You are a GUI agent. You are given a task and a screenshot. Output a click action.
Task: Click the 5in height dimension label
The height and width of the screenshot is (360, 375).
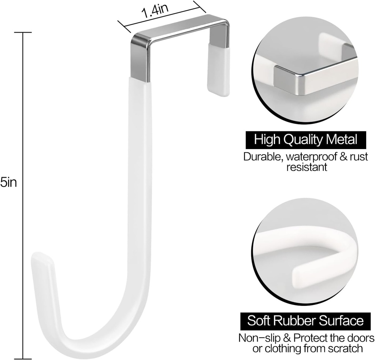pyautogui.click(x=8, y=182)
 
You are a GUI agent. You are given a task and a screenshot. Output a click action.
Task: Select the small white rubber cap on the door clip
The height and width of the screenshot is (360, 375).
pyautogui.click(x=218, y=70)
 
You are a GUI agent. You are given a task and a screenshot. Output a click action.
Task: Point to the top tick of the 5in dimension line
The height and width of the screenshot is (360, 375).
pyautogui.click(x=23, y=33)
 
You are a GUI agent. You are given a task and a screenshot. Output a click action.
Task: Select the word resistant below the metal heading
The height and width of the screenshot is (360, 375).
pyautogui.click(x=307, y=168)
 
